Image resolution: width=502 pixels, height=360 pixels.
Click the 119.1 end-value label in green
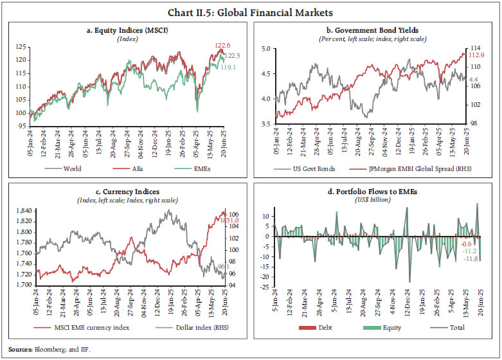pos(228,66)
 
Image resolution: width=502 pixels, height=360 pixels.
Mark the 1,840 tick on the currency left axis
pos(19,211)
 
